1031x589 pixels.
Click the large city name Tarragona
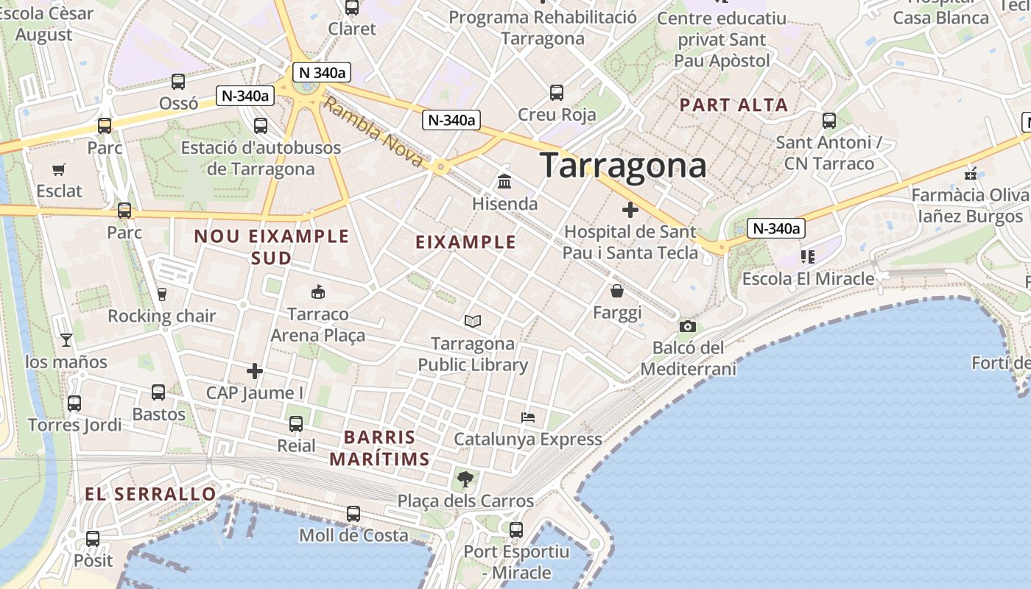pyautogui.click(x=623, y=166)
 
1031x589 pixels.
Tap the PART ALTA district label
pyautogui.click(x=733, y=105)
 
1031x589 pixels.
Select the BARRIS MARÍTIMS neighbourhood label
pyautogui.click(x=379, y=448)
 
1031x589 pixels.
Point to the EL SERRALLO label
pyautogui.click(x=151, y=494)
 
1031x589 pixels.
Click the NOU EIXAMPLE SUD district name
pyautogui.click(x=271, y=247)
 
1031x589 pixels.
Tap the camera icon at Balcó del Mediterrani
pyautogui.click(x=687, y=326)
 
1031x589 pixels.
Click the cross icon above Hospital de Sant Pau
pyautogui.click(x=630, y=210)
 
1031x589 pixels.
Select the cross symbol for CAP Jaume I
pyautogui.click(x=255, y=371)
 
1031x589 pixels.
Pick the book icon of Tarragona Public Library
pyautogui.click(x=473, y=322)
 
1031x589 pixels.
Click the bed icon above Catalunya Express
pyautogui.click(x=528, y=417)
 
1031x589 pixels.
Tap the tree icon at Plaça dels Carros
pyautogui.click(x=465, y=479)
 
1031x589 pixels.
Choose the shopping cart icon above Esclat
pyautogui.click(x=59, y=169)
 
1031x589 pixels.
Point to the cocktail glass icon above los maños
pyautogui.click(x=66, y=339)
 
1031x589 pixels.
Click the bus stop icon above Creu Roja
pyautogui.click(x=557, y=93)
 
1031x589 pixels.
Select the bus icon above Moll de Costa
pyautogui.click(x=353, y=514)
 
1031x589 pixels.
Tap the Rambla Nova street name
pyautogui.click(x=373, y=133)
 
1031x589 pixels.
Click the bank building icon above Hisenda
pyautogui.click(x=505, y=181)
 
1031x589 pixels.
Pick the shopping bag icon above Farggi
pyautogui.click(x=617, y=291)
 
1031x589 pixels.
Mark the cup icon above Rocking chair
pyautogui.click(x=162, y=294)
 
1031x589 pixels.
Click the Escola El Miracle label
pyautogui.click(x=808, y=279)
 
